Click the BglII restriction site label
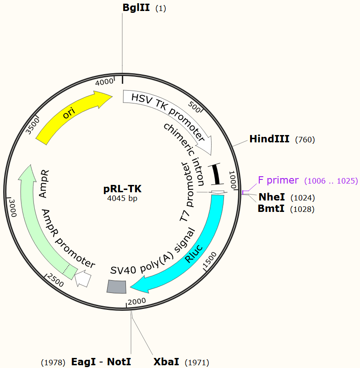pos(136,8)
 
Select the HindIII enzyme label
pos(269,139)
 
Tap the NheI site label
pos(272,197)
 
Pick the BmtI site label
pos(272,209)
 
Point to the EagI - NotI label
pos(101,362)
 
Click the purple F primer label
pos(278,180)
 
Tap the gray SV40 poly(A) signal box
pos(116,287)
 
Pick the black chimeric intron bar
pos(215,174)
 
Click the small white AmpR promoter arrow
pos(83,278)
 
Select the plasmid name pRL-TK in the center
pos(122,189)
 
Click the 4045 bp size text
pos(122,199)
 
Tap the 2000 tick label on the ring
pos(137,301)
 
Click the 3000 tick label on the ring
pos(13,208)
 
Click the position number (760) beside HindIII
pos(305,140)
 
